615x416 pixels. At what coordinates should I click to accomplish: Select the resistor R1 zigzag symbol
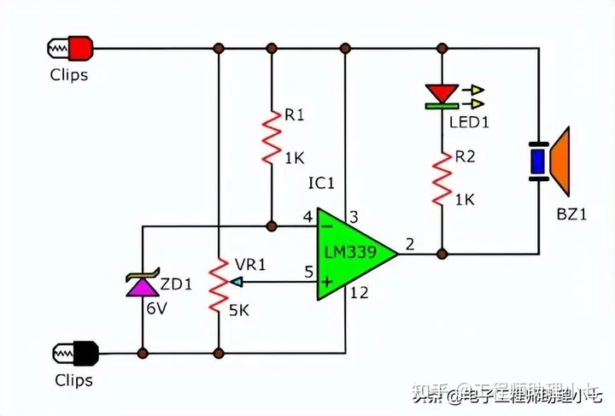[271, 138]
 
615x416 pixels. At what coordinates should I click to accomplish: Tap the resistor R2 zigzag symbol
[442, 179]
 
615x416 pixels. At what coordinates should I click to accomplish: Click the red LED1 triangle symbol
[442, 91]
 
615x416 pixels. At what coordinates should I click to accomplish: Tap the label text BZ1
[572, 215]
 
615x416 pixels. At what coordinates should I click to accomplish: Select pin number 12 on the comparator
[360, 294]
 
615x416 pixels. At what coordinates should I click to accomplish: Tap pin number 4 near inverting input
[307, 218]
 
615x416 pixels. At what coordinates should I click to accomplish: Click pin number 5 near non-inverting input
[307, 272]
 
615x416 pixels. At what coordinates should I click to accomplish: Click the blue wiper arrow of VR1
[237, 281]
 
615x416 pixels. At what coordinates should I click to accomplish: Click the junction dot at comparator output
[442, 253]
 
